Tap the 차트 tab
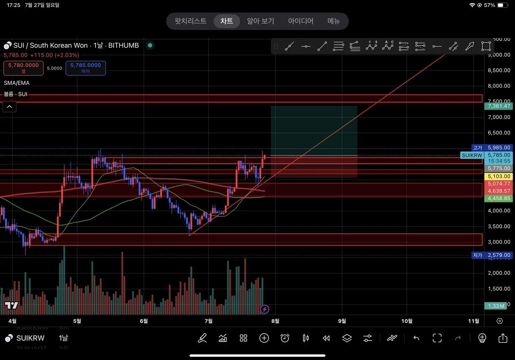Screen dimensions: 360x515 coord(227,21)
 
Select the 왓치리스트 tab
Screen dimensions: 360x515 coord(191,21)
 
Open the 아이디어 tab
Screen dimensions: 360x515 coord(300,21)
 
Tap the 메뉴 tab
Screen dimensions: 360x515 coord(333,21)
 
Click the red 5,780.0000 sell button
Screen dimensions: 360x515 coord(23,68)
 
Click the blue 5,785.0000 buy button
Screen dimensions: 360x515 coord(86,68)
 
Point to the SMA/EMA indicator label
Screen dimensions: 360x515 coord(17,83)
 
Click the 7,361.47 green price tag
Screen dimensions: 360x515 coord(498,106)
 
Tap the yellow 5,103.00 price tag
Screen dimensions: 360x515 coord(499,176)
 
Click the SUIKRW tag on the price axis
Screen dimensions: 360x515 coord(472,155)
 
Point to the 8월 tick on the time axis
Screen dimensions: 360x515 coord(275,321)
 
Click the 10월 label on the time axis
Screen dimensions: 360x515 coord(407,321)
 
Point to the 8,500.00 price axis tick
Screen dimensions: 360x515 coord(499,70)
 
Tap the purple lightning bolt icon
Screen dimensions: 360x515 coord(264,309)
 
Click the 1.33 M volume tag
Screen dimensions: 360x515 coord(496,306)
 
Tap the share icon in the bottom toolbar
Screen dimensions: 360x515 coord(503,338)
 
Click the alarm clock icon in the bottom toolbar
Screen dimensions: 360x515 coord(285,338)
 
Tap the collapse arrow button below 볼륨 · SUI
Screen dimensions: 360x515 coord(10,107)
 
